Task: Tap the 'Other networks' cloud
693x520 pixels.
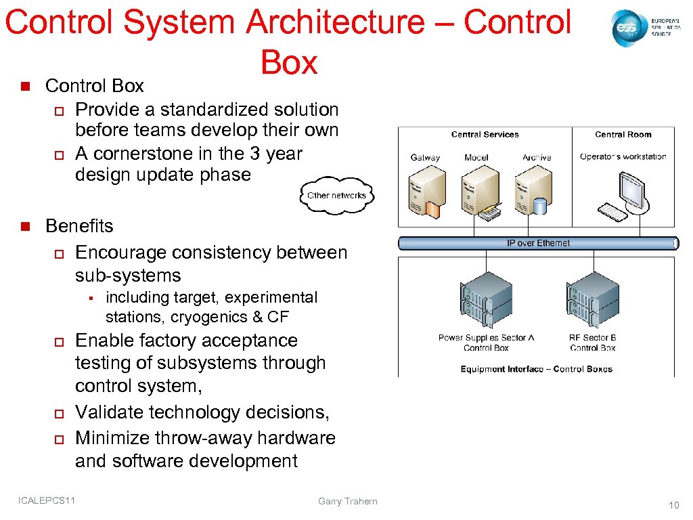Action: point(336,195)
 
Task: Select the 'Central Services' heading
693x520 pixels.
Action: point(485,135)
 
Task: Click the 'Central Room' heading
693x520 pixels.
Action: point(623,135)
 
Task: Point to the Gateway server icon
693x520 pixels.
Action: point(427,194)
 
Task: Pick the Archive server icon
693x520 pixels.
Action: point(531,194)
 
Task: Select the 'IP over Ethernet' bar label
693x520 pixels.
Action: point(538,243)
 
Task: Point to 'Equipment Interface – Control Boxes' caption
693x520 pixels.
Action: point(536,369)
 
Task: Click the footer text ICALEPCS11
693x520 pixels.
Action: point(47,500)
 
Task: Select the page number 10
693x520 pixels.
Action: point(673,505)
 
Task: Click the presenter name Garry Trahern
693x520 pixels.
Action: point(347,501)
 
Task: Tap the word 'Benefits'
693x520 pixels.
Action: point(79,226)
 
